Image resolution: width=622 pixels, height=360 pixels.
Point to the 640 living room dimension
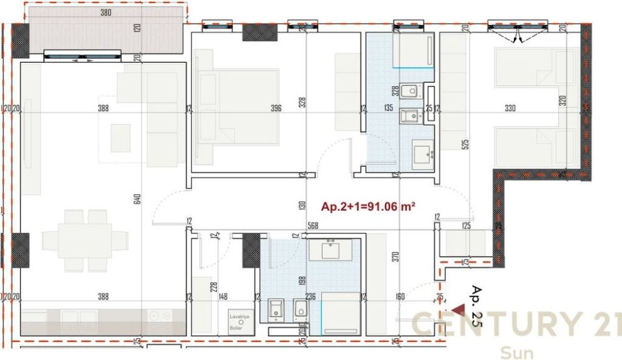point(137,199)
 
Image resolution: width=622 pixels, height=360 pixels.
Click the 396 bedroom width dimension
point(276,109)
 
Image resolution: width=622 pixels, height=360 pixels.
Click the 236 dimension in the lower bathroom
point(310,297)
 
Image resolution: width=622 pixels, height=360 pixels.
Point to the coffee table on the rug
point(120,138)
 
